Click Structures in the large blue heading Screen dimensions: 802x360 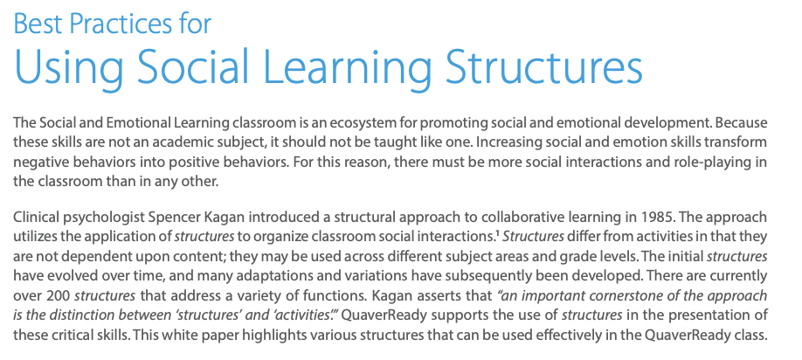[x=543, y=66]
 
